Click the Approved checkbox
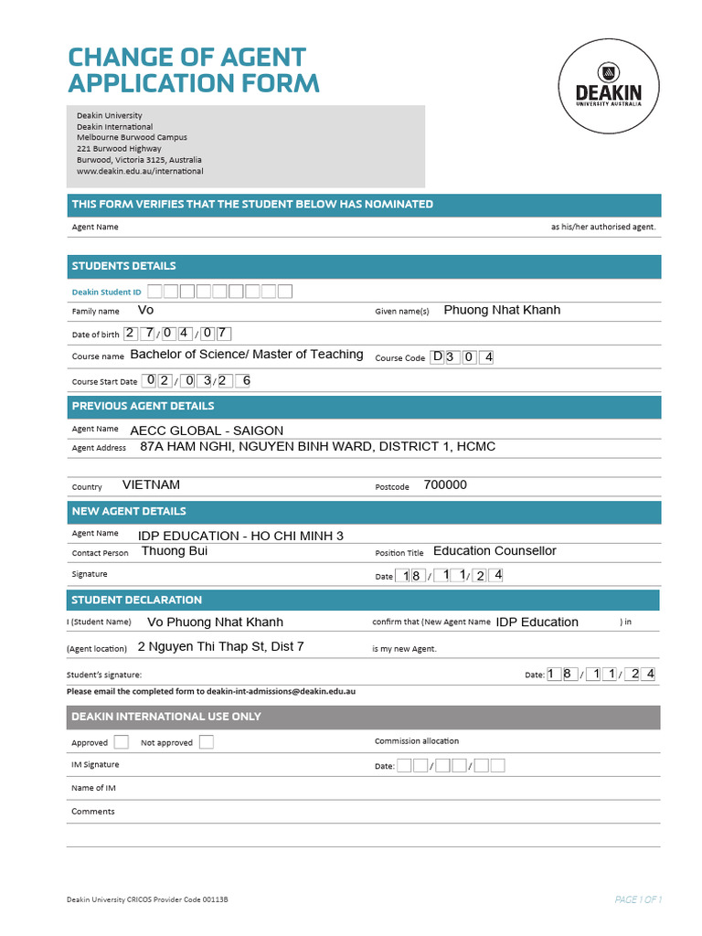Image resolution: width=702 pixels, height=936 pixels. click(121, 742)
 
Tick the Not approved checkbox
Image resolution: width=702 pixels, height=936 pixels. click(207, 742)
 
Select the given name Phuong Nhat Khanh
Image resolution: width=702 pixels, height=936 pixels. click(502, 310)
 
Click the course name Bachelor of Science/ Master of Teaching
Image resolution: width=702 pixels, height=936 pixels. click(247, 355)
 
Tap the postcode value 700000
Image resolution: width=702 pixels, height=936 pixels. click(445, 485)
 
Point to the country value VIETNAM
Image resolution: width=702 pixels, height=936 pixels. click(151, 485)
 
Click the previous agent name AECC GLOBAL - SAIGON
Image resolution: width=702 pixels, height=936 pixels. click(207, 431)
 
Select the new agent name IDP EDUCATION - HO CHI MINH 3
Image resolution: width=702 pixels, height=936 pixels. click(240, 536)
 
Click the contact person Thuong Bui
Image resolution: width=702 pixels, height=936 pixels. click(175, 551)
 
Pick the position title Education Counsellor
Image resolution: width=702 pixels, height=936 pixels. click(495, 551)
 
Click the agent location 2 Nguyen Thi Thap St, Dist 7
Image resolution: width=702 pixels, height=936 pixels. click(220, 647)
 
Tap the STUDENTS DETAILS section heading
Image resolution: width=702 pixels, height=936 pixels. click(124, 266)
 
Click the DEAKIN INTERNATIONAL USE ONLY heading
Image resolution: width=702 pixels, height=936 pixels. click(166, 717)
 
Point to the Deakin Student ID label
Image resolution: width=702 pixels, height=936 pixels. click(107, 292)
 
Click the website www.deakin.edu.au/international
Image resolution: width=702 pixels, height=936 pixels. click(140, 171)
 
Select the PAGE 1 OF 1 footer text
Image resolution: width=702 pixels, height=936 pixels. click(638, 900)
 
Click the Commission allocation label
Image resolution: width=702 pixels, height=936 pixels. click(417, 741)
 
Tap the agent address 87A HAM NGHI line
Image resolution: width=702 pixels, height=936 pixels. click(317, 447)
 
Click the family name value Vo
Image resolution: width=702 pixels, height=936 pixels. click(145, 311)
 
